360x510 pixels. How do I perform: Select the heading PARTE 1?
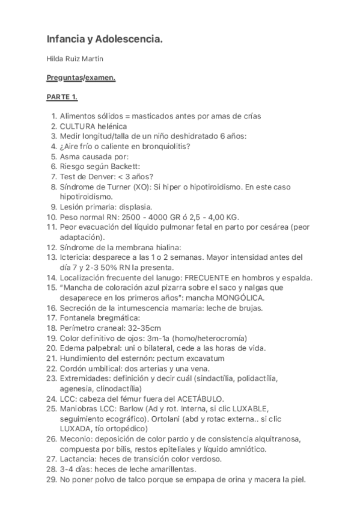[x=63, y=97]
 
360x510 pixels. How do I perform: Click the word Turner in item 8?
[x=114, y=186]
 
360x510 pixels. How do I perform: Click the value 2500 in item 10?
[x=131, y=217]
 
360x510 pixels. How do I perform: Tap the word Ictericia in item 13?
[x=76, y=257]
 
